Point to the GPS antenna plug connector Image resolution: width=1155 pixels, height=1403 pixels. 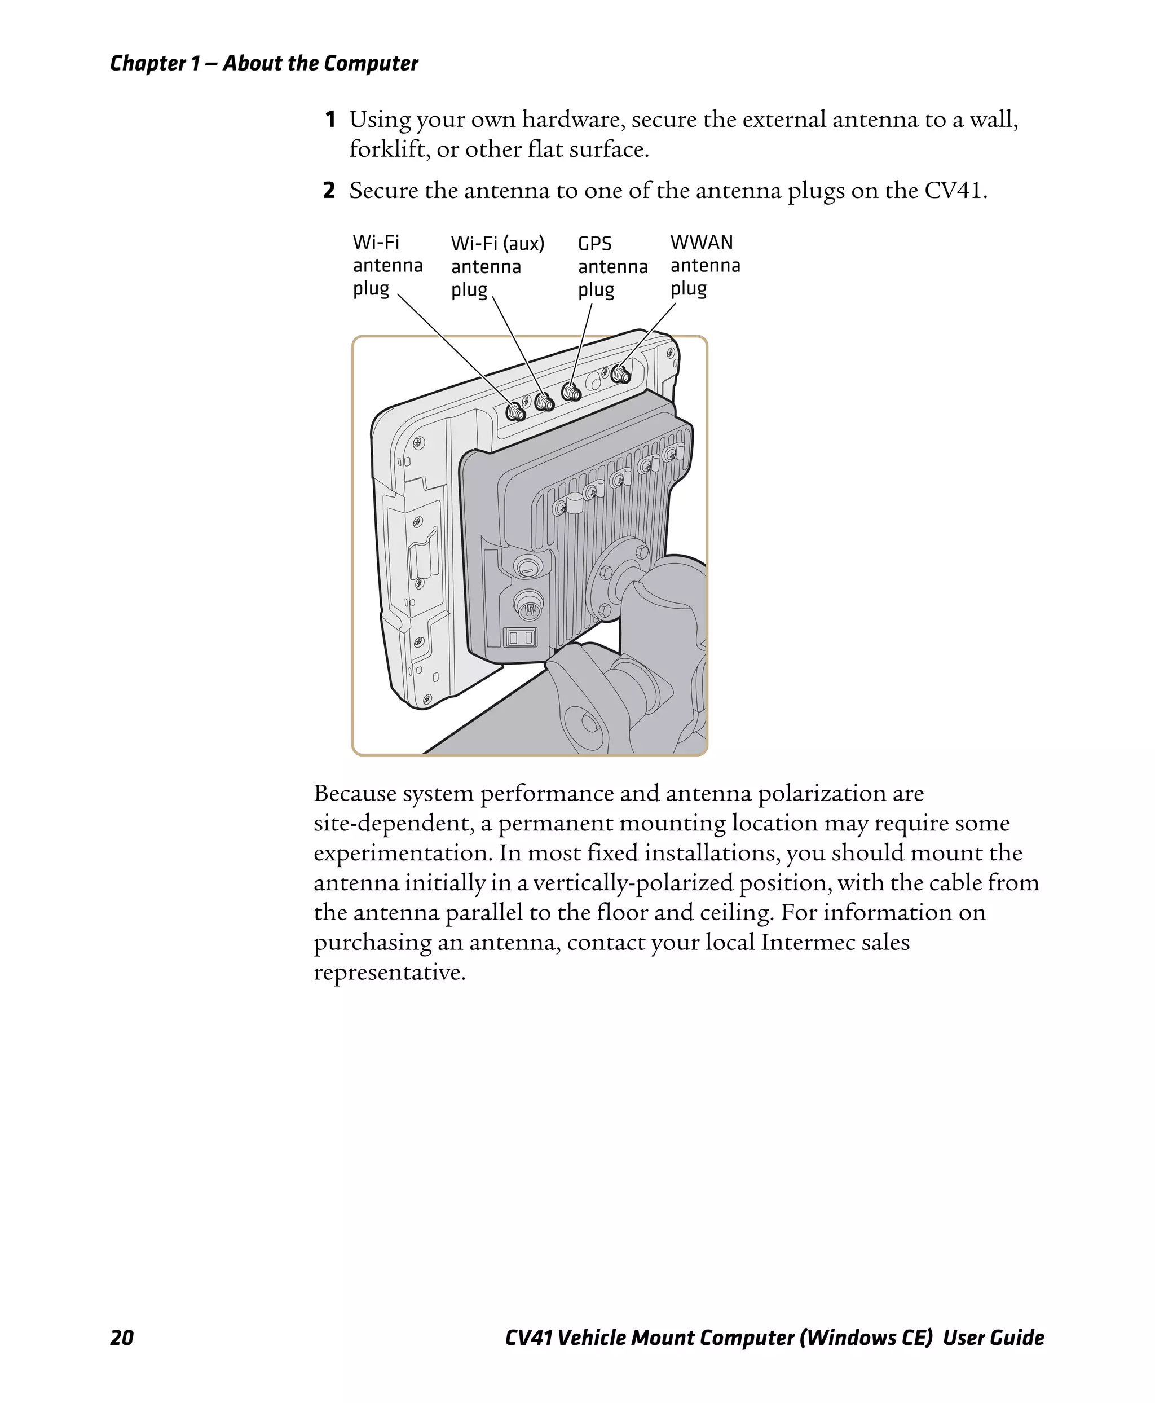click(x=571, y=392)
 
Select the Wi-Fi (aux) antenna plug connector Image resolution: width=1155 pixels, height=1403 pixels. click(x=544, y=401)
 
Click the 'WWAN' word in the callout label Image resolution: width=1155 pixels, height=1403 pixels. click(x=701, y=242)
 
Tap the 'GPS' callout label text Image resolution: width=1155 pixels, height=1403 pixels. click(x=594, y=244)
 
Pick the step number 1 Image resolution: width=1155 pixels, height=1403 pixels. click(x=330, y=120)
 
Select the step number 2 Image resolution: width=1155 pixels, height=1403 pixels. click(x=329, y=191)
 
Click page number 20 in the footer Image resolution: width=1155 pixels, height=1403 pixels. click(x=122, y=1337)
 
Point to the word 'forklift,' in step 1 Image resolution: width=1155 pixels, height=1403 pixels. click(x=389, y=149)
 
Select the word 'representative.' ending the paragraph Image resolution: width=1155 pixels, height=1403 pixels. click(x=389, y=973)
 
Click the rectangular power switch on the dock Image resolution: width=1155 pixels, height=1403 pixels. click(x=521, y=637)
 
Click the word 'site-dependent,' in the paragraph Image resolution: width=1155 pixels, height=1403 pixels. click(x=393, y=823)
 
